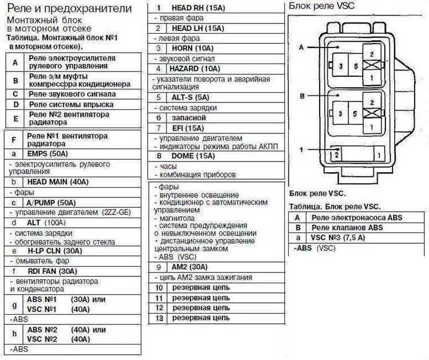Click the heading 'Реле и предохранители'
(69, 9)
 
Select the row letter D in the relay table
(16, 105)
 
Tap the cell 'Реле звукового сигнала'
(72, 94)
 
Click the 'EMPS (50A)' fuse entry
(47, 153)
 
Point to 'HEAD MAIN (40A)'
(58, 182)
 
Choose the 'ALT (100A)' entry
(46, 223)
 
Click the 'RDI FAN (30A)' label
(53, 271)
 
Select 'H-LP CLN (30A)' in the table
(55, 251)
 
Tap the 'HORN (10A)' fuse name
(192, 49)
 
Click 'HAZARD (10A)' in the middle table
(195, 69)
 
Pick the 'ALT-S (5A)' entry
(190, 97)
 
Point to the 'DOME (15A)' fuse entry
(193, 156)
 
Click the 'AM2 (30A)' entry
(189, 267)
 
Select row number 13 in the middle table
(159, 318)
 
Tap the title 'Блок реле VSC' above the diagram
(321, 6)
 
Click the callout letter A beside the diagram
(301, 48)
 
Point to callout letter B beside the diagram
(302, 96)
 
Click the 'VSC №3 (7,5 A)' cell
(338, 238)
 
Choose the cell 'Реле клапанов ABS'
(347, 228)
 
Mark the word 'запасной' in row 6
(189, 118)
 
